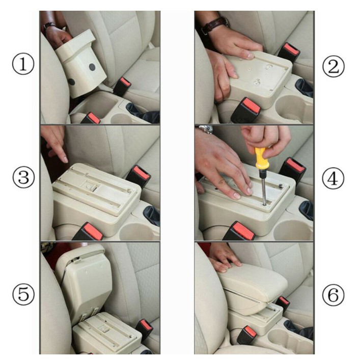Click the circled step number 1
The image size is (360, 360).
click(23, 64)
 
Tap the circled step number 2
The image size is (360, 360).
click(334, 66)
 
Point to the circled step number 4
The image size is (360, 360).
click(333, 179)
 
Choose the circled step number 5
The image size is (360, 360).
click(23, 294)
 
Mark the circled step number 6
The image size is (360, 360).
click(333, 294)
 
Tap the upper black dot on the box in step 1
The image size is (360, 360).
click(92, 67)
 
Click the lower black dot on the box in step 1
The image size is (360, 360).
click(71, 82)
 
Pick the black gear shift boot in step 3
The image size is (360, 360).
click(152, 215)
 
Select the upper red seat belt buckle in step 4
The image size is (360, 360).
click(293, 169)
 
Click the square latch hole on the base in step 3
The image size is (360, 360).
click(90, 185)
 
